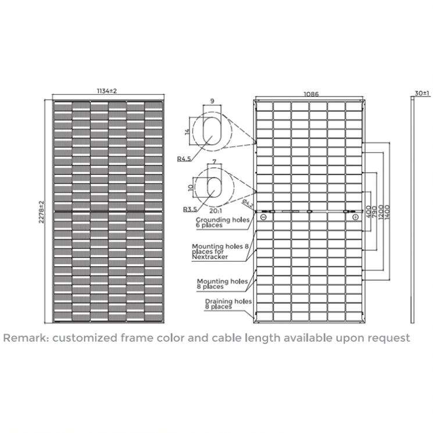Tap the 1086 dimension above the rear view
point(310,94)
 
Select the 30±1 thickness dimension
point(422,93)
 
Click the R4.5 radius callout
point(185,158)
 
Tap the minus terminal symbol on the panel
point(263,217)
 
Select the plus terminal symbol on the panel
point(355,217)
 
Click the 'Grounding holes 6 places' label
point(221,224)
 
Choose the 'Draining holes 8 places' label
point(227,304)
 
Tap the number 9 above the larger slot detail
point(212,101)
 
